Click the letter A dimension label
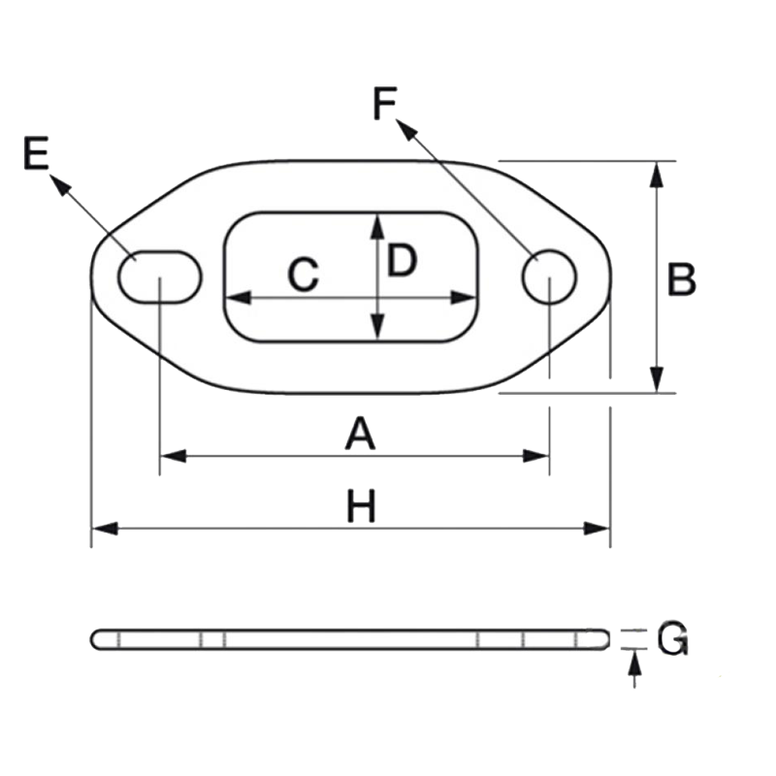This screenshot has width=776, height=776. [x=360, y=434]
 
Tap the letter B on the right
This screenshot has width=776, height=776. [x=682, y=279]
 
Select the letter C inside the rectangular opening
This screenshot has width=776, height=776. [x=303, y=274]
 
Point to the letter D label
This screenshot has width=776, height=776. [x=402, y=260]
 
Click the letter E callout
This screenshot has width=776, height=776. [x=36, y=153]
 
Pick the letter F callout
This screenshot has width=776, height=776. [x=385, y=103]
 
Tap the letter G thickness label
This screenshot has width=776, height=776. [x=672, y=639]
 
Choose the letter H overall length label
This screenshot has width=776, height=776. [x=361, y=505]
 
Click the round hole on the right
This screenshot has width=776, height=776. [x=549, y=277]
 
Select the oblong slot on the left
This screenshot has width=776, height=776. [x=160, y=277]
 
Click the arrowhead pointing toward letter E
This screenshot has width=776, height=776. [x=60, y=184]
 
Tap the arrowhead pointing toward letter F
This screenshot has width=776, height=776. [x=406, y=129]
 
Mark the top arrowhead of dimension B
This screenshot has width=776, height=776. [x=657, y=175]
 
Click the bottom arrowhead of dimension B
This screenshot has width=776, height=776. [x=657, y=379]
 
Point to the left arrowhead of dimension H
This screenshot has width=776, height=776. [x=105, y=529]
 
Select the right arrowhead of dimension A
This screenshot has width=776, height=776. [x=536, y=456]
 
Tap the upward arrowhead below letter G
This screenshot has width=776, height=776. [x=634, y=663]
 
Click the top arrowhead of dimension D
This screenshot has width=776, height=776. [x=377, y=227]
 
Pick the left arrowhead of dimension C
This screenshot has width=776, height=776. [x=239, y=298]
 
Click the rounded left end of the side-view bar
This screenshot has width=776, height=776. [x=94, y=639]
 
